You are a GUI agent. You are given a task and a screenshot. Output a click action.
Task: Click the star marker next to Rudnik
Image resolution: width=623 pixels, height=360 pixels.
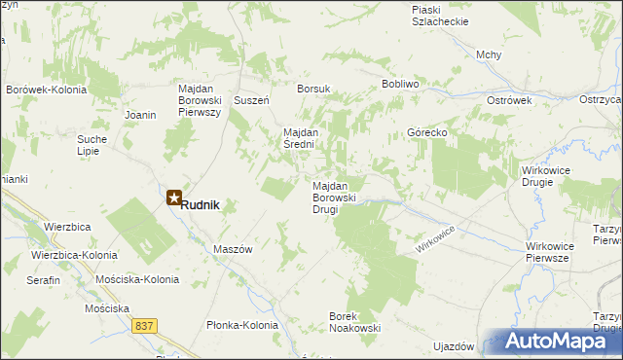(174, 198)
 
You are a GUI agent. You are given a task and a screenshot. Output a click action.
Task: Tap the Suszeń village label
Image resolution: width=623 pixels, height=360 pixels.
(252, 100)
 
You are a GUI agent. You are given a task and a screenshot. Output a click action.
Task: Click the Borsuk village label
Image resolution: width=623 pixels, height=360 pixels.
(313, 89)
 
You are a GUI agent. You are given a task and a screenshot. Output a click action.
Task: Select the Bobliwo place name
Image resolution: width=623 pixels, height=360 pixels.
(399, 85)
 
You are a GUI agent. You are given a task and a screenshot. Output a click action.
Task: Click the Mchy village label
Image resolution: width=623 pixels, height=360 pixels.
(489, 54)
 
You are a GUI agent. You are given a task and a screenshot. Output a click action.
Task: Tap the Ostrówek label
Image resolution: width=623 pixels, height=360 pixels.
(507, 100)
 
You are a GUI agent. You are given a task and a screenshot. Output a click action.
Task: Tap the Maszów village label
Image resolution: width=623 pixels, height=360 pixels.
(233, 249)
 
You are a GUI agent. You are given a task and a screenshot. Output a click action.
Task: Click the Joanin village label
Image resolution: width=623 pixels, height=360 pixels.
(140, 115)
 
